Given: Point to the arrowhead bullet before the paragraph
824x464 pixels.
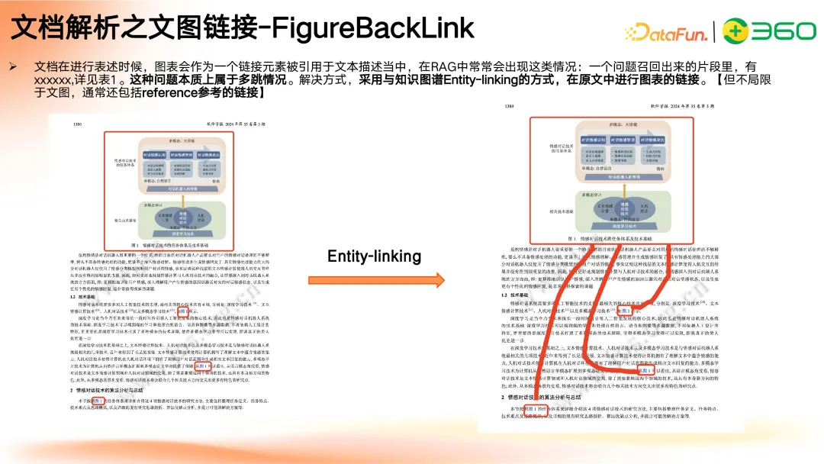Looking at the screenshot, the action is pyautogui.click(x=12, y=67).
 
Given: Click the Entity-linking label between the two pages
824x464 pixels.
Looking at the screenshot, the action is pyautogui.click(x=374, y=256).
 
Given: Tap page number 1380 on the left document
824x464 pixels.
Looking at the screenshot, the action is pyautogui.click(x=77, y=124).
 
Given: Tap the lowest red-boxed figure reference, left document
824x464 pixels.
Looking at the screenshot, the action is pyautogui.click(x=95, y=400).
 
